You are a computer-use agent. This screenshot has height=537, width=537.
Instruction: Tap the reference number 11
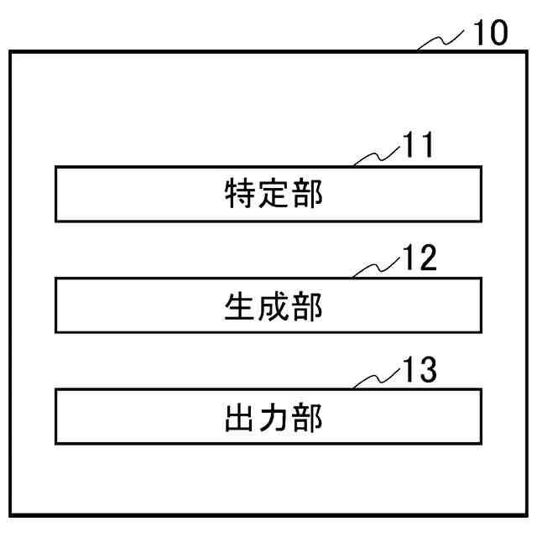coord(418,147)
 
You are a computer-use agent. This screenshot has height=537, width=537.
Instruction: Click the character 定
coord(274,195)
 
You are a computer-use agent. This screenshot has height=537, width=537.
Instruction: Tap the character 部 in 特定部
coord(307,195)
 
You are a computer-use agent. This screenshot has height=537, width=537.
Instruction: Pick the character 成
coord(274,306)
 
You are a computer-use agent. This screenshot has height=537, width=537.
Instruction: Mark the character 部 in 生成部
coord(307,306)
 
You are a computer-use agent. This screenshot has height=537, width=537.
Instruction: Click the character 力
coord(274,417)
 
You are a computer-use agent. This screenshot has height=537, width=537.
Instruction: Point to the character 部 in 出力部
coord(307,417)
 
